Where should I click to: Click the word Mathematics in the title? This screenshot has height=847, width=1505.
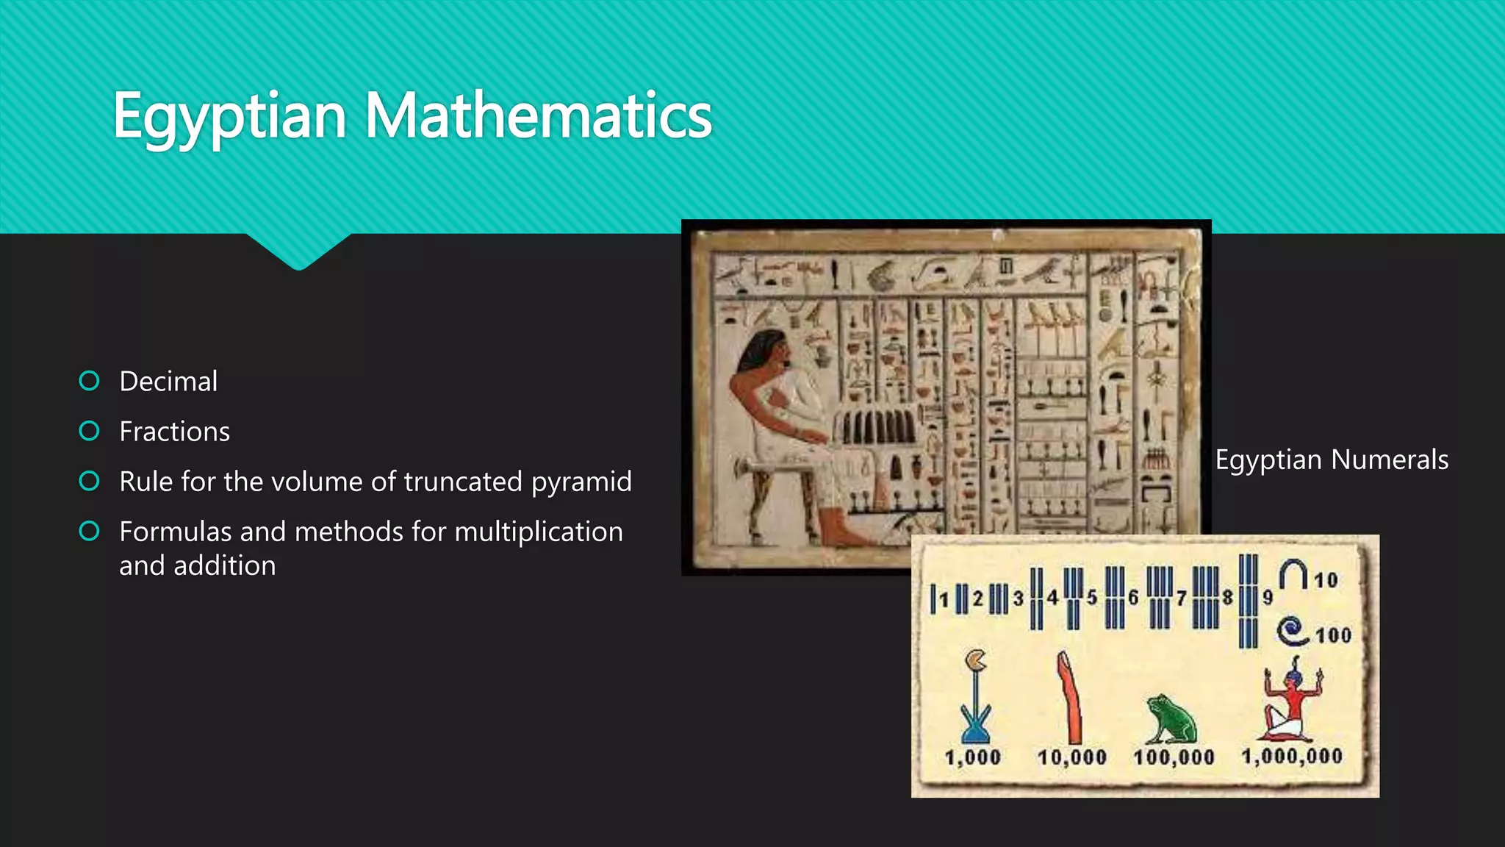coord(538,116)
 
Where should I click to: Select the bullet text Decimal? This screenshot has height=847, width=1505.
coord(168,382)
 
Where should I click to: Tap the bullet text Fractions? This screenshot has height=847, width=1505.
coord(174,432)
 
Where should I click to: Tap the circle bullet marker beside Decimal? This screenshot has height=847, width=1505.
coord(89,381)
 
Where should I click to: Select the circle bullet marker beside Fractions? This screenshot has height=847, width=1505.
coord(89,431)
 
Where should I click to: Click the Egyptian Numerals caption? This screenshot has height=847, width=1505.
coord(1332,460)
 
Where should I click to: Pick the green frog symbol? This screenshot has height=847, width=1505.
coord(1172,719)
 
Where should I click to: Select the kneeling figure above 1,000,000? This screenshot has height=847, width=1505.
coord(1290,703)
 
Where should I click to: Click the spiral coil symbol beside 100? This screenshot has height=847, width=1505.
coord(1293,631)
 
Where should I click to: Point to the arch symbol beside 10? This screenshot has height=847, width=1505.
coord(1293,574)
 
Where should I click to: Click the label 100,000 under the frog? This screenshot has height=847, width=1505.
coord(1174,757)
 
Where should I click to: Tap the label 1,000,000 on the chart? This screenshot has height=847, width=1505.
coord(1292,757)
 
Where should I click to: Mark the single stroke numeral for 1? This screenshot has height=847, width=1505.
coord(933,599)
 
